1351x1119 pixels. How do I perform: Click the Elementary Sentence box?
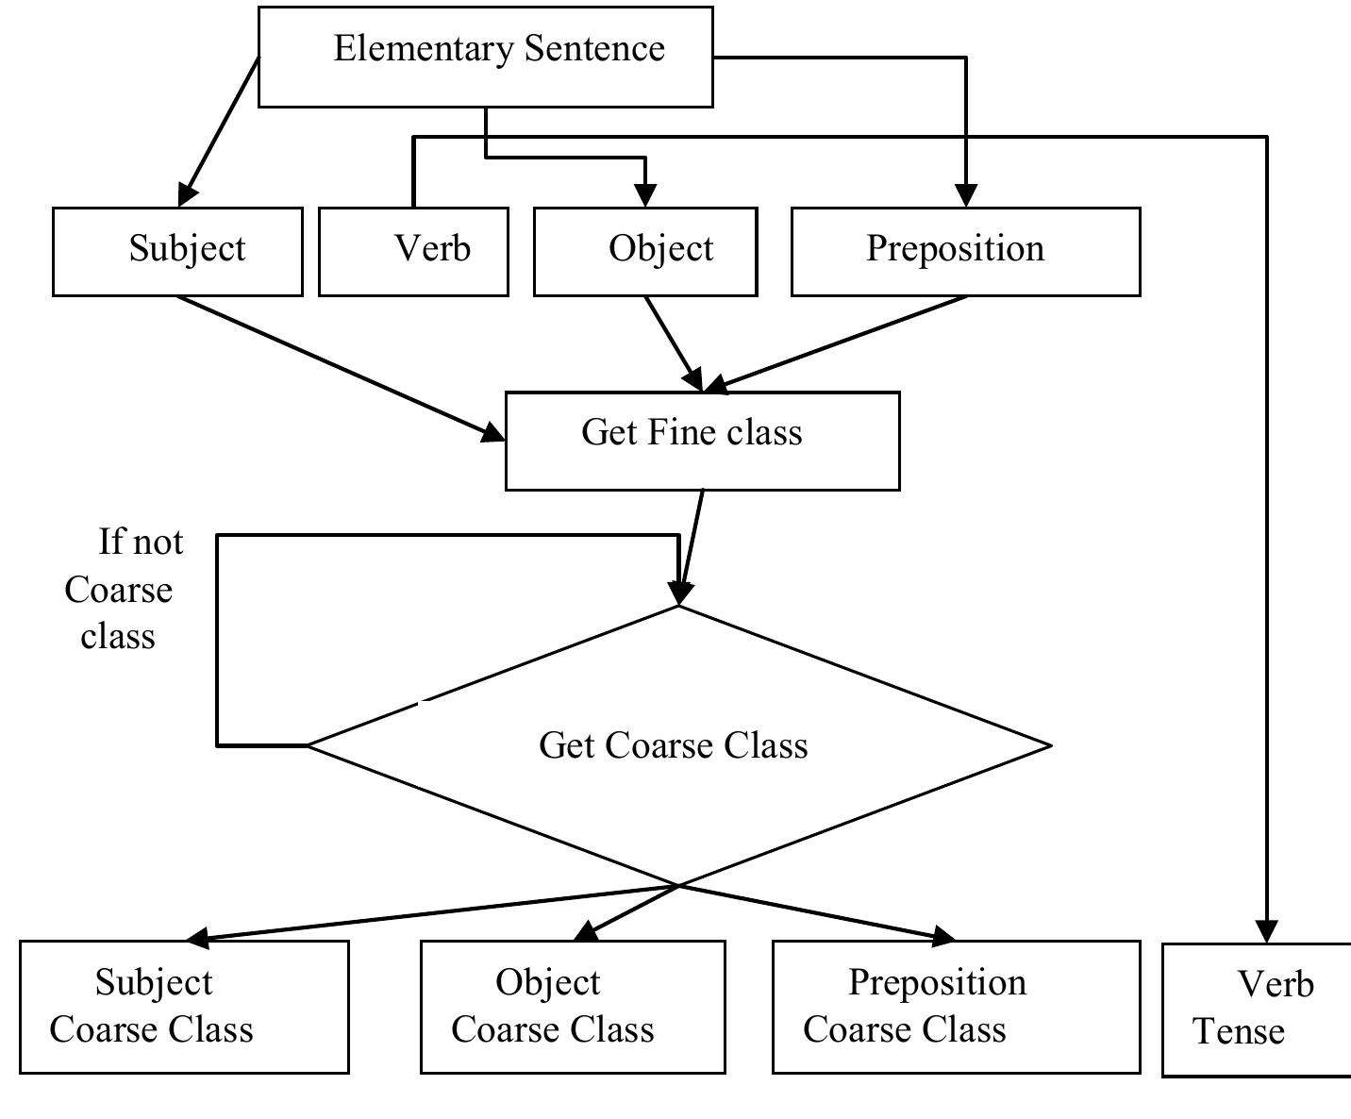click(x=485, y=57)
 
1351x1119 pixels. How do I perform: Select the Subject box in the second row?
click(x=177, y=251)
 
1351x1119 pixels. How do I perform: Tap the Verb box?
click(x=413, y=251)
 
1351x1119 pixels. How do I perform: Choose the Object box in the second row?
click(x=645, y=251)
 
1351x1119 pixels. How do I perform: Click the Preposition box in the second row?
click(x=965, y=251)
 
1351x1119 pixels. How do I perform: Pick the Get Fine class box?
click(x=702, y=441)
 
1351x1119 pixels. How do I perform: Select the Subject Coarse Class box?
click(x=184, y=1007)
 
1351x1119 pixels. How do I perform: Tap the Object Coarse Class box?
click(x=573, y=1007)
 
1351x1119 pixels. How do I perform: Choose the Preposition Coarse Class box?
click(x=956, y=1007)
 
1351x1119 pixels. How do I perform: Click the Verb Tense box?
click(x=1257, y=1009)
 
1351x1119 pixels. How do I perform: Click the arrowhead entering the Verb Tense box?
click(x=1266, y=932)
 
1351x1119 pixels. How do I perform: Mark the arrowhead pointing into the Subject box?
click(x=187, y=194)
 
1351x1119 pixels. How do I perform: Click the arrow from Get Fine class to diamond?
click(x=692, y=543)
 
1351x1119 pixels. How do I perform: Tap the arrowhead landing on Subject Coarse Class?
click(x=200, y=938)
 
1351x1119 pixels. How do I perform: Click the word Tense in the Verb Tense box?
click(x=1239, y=1031)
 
